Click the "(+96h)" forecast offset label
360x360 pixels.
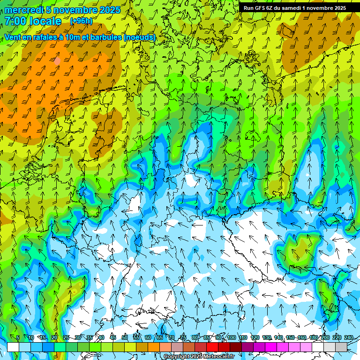pos(81,21)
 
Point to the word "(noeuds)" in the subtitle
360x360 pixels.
pos(140,37)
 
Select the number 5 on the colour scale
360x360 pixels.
pos(18,338)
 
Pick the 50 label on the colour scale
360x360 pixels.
pos(124,338)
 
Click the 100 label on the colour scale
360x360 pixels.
pos(232,338)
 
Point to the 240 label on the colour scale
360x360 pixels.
pos(349,338)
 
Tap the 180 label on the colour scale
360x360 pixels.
pos(314,338)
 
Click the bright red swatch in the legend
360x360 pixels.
pos(212,347)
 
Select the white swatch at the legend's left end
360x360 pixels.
pos(13,347)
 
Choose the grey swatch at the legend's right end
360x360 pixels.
pos(341,347)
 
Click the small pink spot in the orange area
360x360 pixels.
pos(57,60)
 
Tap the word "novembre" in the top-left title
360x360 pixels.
pos(75,10)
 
